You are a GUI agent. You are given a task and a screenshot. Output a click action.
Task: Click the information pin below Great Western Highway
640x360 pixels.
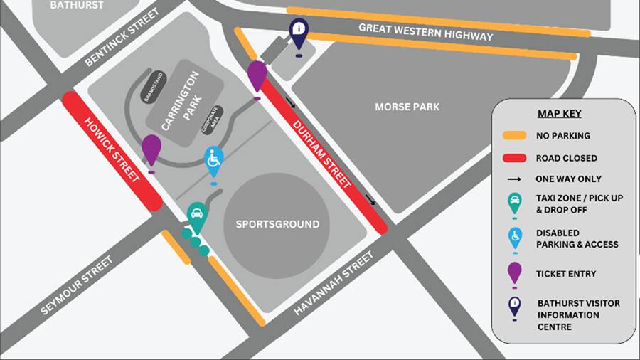(x=299, y=31)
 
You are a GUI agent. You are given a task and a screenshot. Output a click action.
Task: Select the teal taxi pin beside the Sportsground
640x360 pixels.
(x=196, y=215)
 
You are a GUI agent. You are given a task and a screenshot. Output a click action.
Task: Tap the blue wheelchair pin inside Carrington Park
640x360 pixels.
(x=213, y=161)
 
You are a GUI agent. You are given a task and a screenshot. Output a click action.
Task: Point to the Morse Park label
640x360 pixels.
(x=407, y=107)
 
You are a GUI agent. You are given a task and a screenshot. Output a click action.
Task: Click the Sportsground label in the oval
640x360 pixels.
(x=277, y=224)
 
